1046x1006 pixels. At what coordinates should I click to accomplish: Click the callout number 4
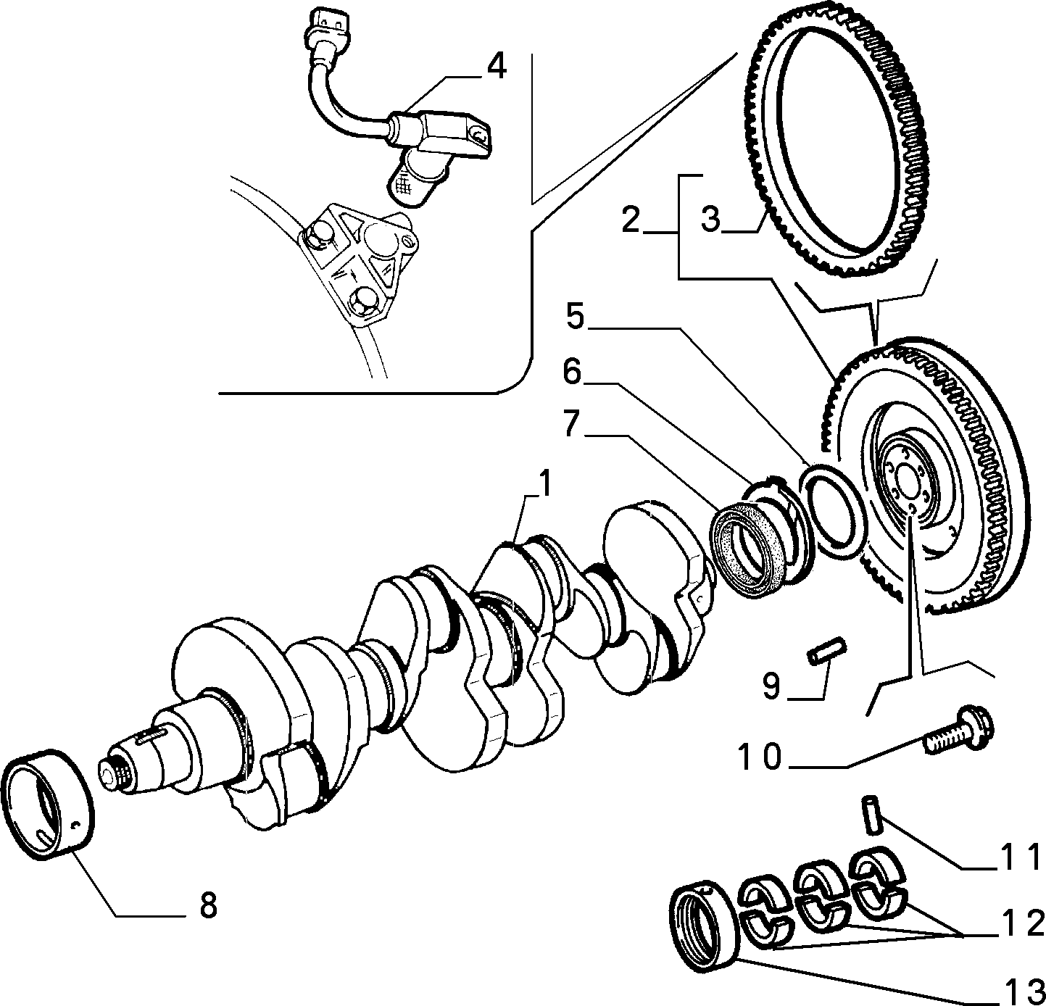click(x=496, y=68)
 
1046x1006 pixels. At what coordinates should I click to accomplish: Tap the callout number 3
click(x=710, y=220)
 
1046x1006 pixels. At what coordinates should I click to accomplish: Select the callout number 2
click(x=631, y=220)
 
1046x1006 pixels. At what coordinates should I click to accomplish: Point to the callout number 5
click(x=575, y=317)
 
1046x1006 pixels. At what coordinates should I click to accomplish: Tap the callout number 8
click(x=208, y=905)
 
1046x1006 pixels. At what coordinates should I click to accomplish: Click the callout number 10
click(x=759, y=757)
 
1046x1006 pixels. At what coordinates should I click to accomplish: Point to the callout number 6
click(x=572, y=372)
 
